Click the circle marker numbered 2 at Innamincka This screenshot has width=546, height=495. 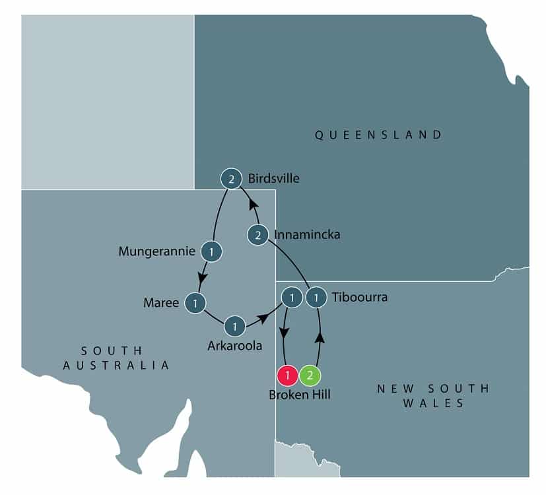pyautogui.click(x=257, y=234)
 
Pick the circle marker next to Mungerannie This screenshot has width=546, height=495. pyautogui.click(x=211, y=251)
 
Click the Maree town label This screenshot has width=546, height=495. pyautogui.click(x=161, y=303)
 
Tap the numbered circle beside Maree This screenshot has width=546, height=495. pyautogui.click(x=196, y=303)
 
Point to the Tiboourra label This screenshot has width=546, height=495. pyautogui.click(x=360, y=298)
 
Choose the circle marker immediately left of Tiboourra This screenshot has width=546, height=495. pyautogui.click(x=318, y=298)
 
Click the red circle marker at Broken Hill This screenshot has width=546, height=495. pyautogui.click(x=288, y=376)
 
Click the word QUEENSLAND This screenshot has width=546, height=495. pyautogui.click(x=378, y=135)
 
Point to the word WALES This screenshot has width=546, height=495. pyautogui.click(x=432, y=403)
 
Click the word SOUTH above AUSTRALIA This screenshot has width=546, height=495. pyautogui.click(x=112, y=350)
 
